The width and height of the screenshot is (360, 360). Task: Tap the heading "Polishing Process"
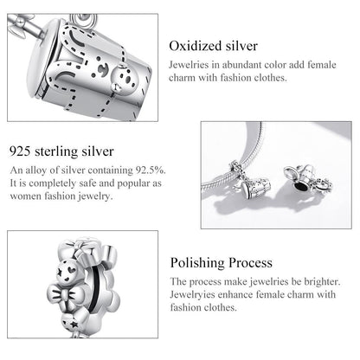click(221, 262)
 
